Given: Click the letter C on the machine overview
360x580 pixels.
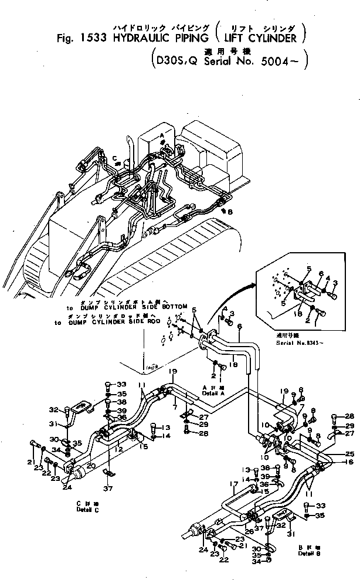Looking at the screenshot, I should pyautogui.click(x=116, y=158).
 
